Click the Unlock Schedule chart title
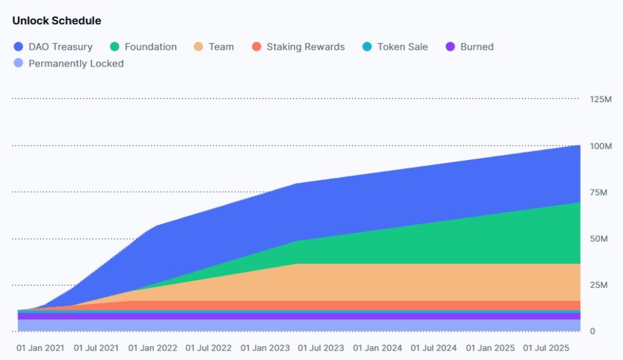(57, 21)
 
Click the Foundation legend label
(150, 47)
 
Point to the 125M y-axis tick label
(601, 100)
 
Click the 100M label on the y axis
(601, 146)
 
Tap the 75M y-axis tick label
(598, 192)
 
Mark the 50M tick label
(598, 239)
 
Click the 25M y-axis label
(598, 285)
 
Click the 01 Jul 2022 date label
(209, 348)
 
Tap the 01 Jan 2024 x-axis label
(378, 348)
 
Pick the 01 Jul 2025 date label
(546, 348)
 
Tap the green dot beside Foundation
(115, 47)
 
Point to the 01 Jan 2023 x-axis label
(265, 348)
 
